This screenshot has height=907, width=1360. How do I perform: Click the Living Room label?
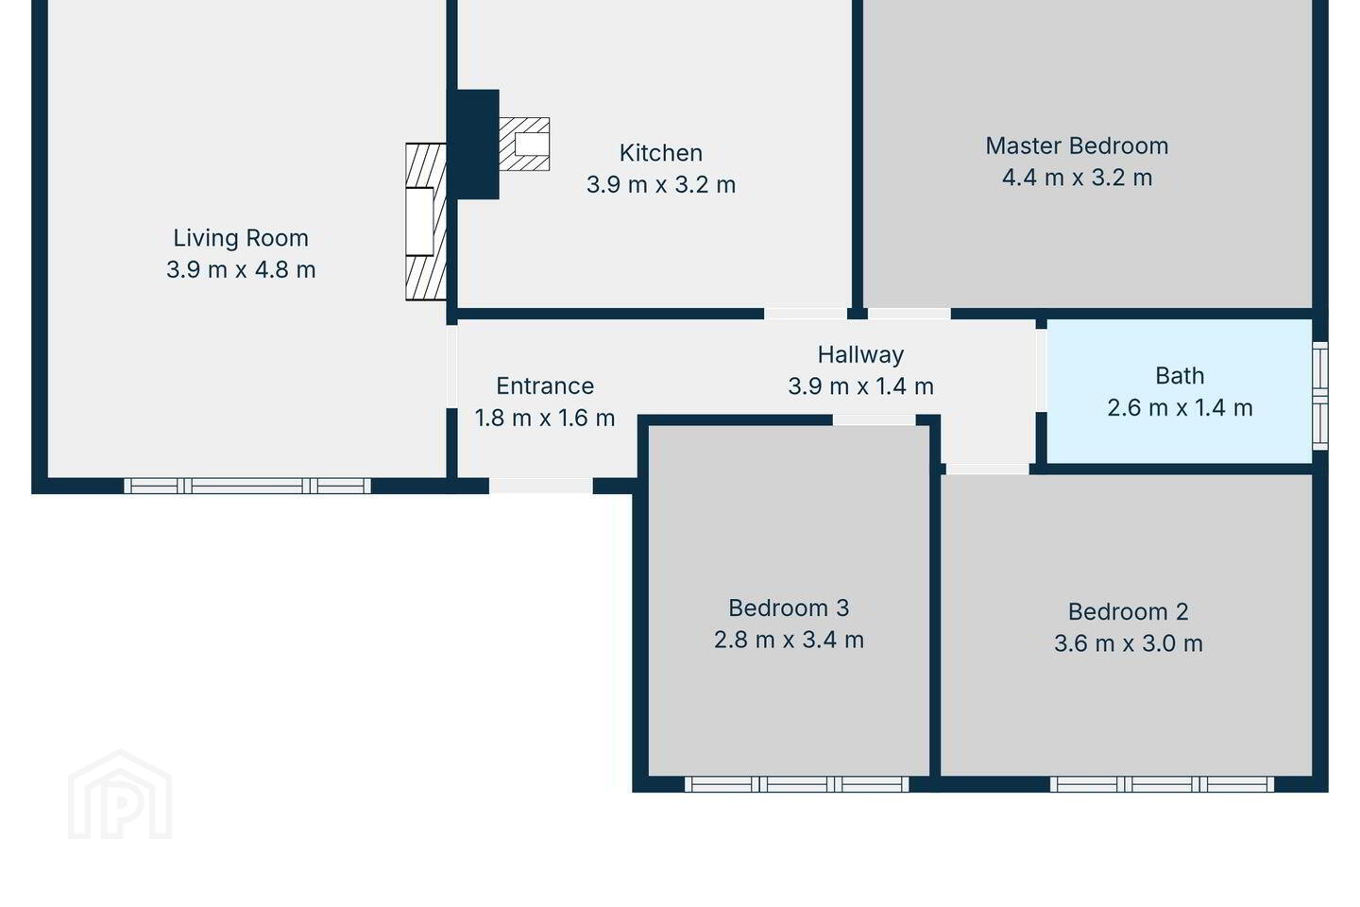click(241, 238)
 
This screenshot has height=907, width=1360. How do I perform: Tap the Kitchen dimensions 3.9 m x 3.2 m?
click(660, 184)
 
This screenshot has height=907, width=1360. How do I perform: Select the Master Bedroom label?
click(1077, 145)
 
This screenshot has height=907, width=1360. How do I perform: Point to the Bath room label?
click(1180, 376)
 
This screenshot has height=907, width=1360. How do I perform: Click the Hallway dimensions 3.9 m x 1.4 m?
click(860, 386)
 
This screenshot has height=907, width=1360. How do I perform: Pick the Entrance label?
click(545, 386)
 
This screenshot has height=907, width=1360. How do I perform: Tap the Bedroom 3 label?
click(789, 608)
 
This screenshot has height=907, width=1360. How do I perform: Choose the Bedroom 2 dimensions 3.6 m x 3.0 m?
click(1128, 643)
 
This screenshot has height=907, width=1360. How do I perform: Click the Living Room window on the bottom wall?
click(247, 486)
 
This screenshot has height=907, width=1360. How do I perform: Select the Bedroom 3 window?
click(796, 784)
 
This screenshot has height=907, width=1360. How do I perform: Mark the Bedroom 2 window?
click(1162, 784)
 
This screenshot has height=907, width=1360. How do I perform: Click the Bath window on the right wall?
click(1320, 396)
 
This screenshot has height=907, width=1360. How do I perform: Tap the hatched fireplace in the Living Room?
click(426, 222)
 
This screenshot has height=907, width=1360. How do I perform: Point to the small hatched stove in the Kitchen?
click(524, 144)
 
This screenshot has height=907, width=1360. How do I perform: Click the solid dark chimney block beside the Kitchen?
click(473, 144)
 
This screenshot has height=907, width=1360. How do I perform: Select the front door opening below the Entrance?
click(541, 486)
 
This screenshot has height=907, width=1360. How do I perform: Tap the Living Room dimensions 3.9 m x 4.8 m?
click(241, 269)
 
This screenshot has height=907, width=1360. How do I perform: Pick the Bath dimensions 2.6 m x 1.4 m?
click(1180, 407)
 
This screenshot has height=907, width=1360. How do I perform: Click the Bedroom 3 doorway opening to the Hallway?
click(874, 419)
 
